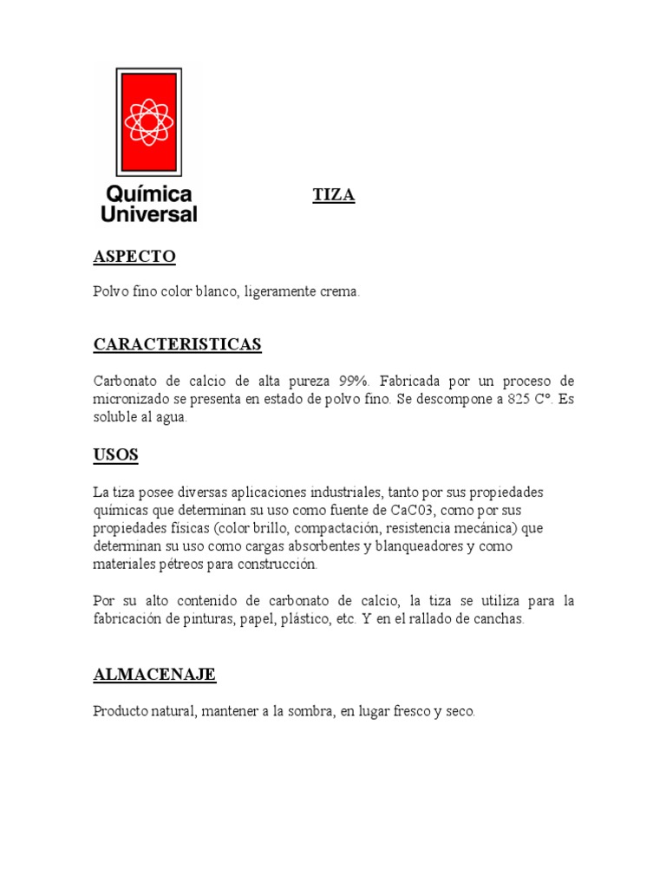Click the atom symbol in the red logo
148,121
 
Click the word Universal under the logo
149,213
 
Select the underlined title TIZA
334,196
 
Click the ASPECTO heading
134,257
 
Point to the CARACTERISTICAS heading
177,345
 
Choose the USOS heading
115,454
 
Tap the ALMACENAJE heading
154,674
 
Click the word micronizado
134,399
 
